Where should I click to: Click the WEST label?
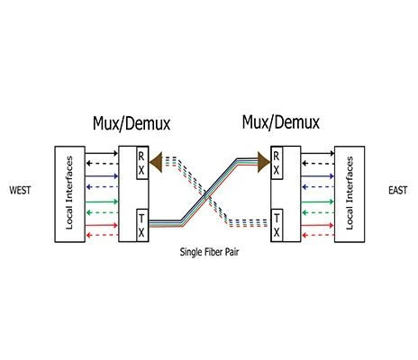20,190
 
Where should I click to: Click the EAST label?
398,190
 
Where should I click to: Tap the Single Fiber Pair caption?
209,252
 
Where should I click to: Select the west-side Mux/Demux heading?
132,123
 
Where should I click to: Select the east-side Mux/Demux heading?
281,122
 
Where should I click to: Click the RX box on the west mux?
142,163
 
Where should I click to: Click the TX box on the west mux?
142,225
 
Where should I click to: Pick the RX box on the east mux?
277,163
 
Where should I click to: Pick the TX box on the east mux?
277,225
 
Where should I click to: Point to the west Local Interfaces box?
69,194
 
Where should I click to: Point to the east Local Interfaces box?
350,194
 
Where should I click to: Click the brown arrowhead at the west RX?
156,162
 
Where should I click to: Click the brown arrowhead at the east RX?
264,162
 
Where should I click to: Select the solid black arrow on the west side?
102,153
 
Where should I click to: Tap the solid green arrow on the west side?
102,202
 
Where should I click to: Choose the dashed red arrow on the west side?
102,235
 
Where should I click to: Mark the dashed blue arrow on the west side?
102,187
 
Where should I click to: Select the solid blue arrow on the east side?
318,176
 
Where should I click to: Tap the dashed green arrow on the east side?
318,212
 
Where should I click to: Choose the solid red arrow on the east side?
318,225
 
